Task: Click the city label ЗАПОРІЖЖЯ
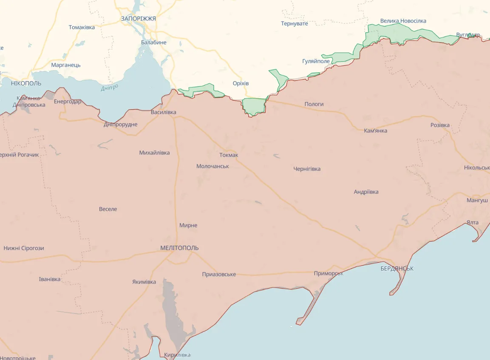pos(138,19)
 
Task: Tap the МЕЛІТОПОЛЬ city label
pos(179,248)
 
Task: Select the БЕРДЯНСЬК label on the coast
pos(397,269)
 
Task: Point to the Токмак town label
pos(229,155)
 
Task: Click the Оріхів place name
pos(241,83)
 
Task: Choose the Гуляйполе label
pos(316,61)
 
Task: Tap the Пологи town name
pos(314,104)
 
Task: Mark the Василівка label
pos(163,113)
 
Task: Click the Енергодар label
pos(68,102)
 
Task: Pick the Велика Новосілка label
pos(403,21)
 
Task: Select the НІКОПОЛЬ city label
pos(26,83)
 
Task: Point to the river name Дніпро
pos(110,88)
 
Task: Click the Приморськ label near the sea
pos(329,273)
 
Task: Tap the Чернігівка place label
pos(307,169)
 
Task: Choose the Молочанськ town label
pos(212,166)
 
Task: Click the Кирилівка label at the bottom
pos(177,355)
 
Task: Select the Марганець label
pos(66,65)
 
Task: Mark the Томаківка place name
pos(82,27)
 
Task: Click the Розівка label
pos(440,125)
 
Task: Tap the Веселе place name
pos(108,209)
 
